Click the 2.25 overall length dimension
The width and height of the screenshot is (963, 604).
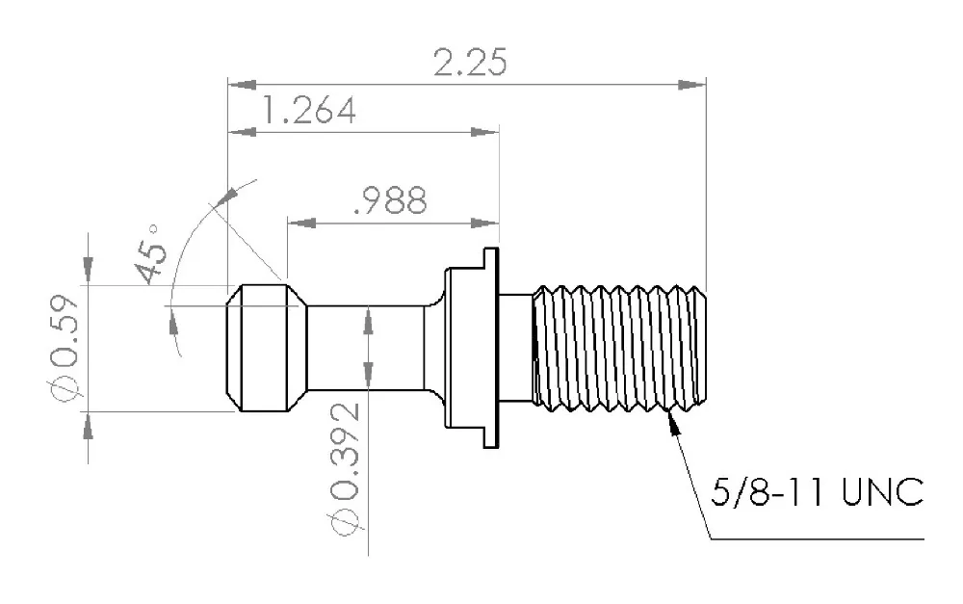click(x=471, y=63)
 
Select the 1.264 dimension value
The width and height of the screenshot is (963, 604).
click(x=309, y=111)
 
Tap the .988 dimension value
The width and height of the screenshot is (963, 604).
click(x=391, y=200)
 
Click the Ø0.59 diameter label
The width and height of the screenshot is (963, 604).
click(x=65, y=349)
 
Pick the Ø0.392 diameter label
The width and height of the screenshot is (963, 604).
click(x=345, y=468)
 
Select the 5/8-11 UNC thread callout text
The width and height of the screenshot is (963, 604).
click(x=817, y=491)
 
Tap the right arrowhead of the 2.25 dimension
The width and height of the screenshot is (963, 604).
click(x=692, y=84)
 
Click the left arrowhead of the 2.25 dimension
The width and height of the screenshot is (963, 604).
click(x=242, y=84)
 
